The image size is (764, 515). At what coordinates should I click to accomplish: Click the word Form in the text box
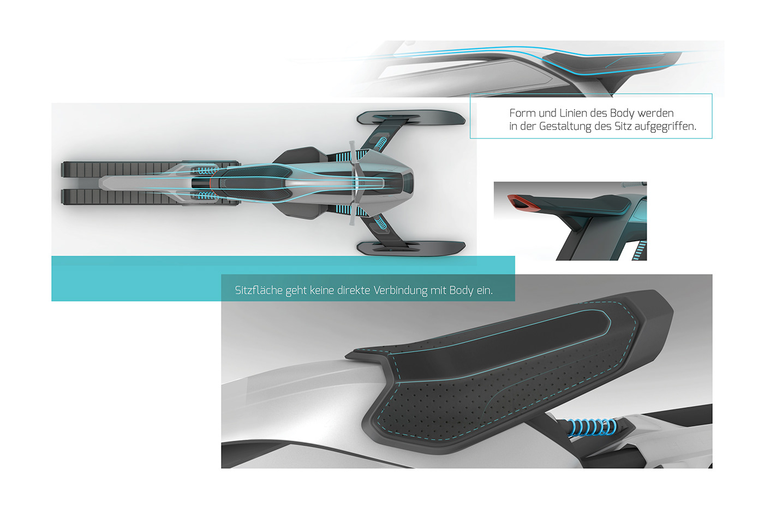tap(522, 113)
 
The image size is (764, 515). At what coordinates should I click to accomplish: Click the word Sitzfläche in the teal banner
tap(259, 290)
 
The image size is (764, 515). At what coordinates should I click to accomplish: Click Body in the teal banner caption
tap(461, 290)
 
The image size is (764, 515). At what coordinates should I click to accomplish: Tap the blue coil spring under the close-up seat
tap(589, 426)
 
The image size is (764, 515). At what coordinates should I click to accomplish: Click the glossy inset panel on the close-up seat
tap(540, 333)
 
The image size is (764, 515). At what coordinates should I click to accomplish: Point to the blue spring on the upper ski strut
tap(380, 144)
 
